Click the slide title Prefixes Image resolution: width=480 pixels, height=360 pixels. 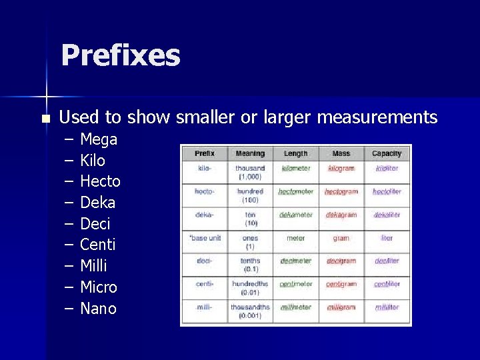pos(120,55)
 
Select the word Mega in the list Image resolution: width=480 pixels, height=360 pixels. pos(99,139)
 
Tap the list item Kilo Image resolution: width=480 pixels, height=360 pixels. pos(93,161)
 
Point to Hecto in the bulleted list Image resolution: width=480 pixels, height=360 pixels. pos(100,181)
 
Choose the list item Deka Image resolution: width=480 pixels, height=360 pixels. pos(97,203)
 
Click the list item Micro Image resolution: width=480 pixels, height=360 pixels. pos(99,287)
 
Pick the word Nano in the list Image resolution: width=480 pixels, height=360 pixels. pos(98,309)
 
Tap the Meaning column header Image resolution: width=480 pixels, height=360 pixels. pos(250,153)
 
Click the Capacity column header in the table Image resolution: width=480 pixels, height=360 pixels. pos(387,153)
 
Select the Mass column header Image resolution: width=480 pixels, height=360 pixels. pos(341,153)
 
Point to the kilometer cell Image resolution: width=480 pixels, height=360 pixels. pos(296,169)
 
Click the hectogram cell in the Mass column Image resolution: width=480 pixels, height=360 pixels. pos(341,192)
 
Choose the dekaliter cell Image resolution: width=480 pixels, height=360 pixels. pos(387,215)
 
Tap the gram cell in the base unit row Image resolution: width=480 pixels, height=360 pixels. pos(341,238)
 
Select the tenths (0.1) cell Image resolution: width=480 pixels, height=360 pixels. pos(250,265)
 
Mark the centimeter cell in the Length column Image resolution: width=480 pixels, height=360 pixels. pos(296,285)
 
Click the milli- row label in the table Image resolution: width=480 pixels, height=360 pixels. pos(205,307)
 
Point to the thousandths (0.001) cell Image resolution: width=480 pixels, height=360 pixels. pos(250,311)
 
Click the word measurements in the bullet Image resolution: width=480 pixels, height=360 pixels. pos(377,118)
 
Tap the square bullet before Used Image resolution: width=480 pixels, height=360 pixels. pos(45,119)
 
